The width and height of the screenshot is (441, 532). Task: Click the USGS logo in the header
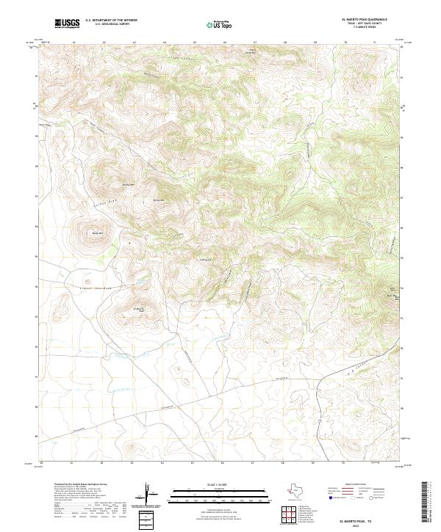[x=68, y=23]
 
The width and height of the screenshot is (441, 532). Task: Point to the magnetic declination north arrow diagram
[x=150, y=496]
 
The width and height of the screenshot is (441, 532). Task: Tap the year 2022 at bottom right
[x=359, y=525]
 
